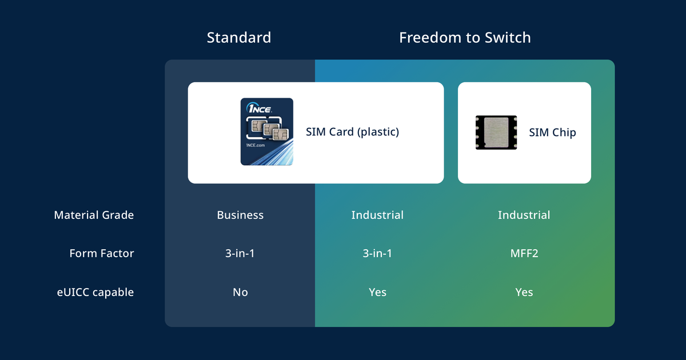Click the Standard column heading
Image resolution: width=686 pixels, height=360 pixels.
(239, 38)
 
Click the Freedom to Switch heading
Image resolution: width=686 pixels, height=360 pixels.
(465, 38)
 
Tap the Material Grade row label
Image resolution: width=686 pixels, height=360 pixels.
(94, 215)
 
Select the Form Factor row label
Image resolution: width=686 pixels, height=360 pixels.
(102, 253)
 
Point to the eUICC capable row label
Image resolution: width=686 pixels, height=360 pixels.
(95, 293)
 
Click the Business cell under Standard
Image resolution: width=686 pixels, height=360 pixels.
(240, 215)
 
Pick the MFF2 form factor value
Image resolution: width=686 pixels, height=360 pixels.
(524, 253)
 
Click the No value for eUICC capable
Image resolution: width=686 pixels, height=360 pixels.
(240, 292)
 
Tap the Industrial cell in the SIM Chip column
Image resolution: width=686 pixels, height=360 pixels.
(524, 215)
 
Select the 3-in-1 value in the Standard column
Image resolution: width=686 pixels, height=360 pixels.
(240, 253)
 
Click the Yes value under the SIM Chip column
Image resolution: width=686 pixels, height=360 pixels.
(524, 292)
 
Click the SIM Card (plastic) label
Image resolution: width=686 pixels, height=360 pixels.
(353, 132)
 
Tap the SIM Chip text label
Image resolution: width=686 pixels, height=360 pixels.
(552, 132)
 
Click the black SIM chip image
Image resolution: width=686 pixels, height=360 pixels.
(496, 132)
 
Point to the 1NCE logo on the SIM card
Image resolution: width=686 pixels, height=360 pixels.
(259, 108)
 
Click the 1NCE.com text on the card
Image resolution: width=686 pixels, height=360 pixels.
(256, 145)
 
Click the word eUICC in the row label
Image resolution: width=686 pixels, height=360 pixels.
(73, 292)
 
